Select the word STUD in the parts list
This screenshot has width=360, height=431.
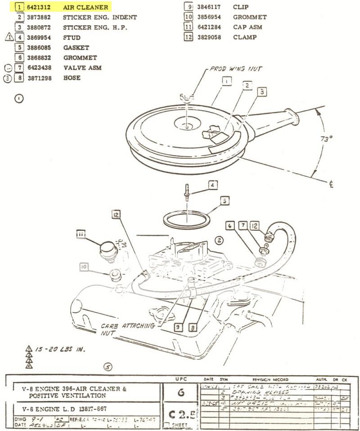72,37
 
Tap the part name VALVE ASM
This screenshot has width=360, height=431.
82,67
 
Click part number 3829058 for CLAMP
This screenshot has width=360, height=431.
211,37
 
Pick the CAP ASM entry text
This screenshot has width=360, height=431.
247,27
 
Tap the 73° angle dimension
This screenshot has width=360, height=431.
326,139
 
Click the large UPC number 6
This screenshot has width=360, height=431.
181,392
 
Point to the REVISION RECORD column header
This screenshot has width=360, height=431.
270,380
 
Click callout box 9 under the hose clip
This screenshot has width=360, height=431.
178,328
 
